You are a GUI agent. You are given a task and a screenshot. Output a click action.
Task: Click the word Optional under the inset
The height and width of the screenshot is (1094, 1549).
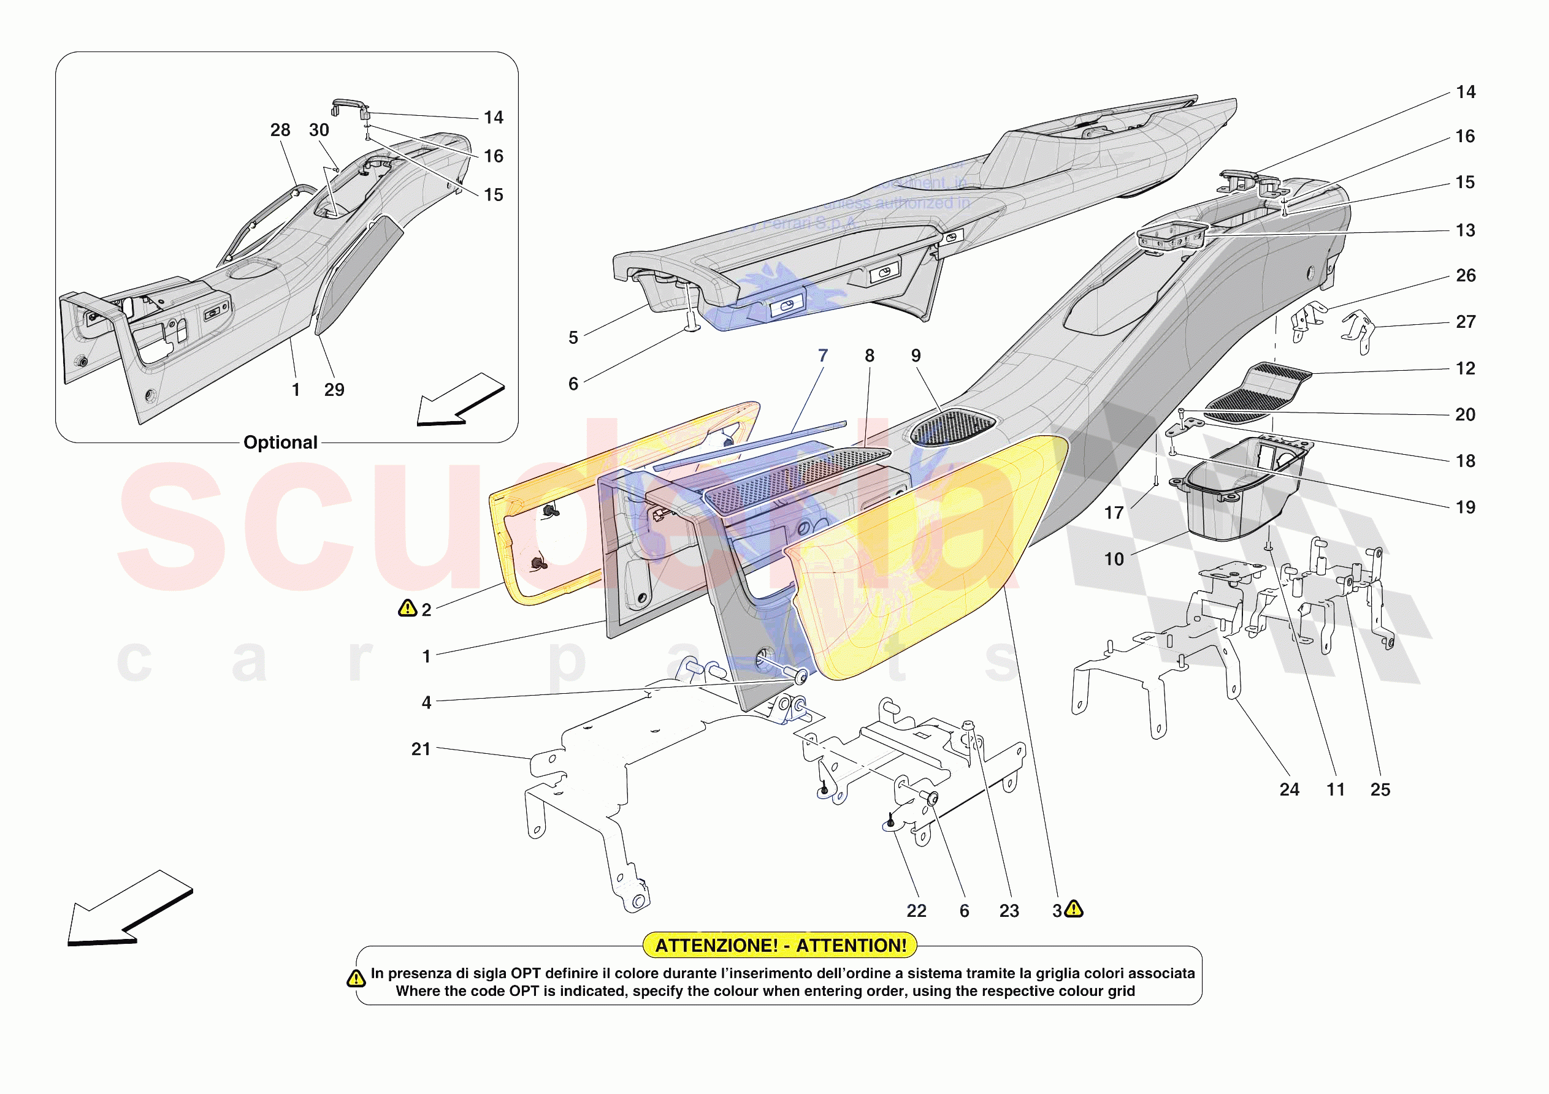[280, 443]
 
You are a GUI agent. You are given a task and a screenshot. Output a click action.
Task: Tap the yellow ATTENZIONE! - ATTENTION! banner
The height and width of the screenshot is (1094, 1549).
[781, 945]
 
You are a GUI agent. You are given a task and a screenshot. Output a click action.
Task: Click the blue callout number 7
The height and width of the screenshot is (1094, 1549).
[822, 355]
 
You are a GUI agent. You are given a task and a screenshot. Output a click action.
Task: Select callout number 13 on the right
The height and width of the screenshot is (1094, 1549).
[1464, 230]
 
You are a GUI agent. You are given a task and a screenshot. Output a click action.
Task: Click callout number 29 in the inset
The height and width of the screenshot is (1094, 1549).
[334, 390]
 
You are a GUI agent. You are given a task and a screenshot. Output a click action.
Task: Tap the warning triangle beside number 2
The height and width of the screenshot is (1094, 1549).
[408, 609]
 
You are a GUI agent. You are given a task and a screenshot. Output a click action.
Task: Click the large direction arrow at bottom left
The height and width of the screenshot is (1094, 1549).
[128, 910]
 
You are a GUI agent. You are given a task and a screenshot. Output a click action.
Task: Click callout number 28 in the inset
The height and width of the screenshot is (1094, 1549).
[280, 130]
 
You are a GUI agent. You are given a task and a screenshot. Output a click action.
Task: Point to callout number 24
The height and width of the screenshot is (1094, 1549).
[1288, 789]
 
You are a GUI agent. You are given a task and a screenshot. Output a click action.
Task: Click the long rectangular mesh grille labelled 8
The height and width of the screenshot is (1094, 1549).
[796, 479]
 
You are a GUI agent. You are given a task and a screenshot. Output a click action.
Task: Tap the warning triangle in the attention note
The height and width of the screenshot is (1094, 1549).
[356, 979]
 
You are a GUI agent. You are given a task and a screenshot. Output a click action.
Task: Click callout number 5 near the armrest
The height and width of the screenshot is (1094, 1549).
[573, 337]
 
